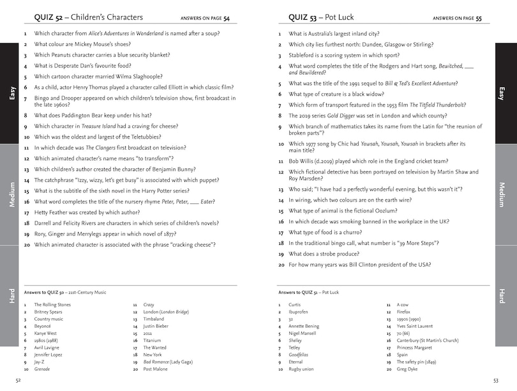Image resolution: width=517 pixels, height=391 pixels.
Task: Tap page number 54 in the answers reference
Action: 227,18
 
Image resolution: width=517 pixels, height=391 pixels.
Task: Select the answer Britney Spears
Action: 49,312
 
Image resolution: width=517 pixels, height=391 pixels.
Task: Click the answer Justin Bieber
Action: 156,326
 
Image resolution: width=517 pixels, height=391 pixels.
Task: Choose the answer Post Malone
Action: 155,369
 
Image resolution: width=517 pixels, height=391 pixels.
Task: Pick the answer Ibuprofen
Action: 300,312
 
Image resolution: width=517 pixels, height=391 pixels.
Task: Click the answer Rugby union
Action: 301,369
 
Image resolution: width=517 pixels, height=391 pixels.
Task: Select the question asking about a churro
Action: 333,233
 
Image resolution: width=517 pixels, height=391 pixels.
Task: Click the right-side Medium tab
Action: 502,195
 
